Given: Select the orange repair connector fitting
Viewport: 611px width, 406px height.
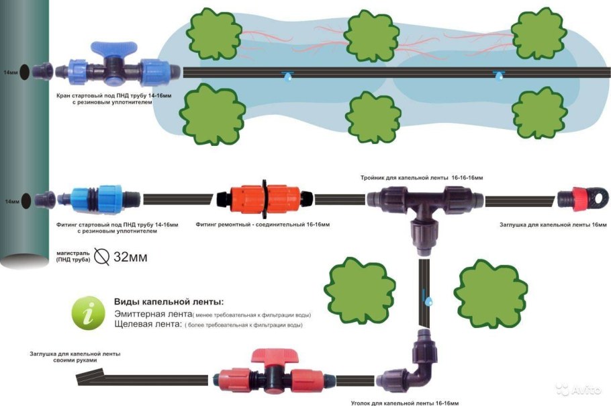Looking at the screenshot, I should pyautogui.click(x=265, y=198).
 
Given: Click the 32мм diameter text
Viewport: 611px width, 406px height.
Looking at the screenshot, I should pyautogui.click(x=130, y=256).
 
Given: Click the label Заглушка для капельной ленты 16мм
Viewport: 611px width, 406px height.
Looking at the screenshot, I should pyautogui.click(x=553, y=225).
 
